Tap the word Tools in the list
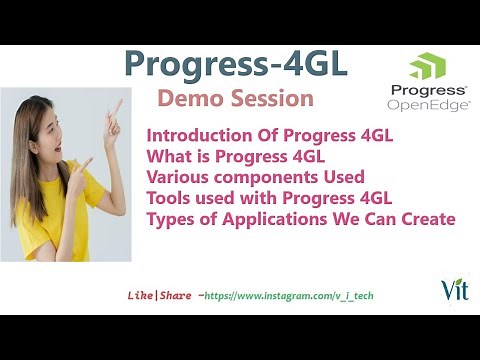tap(170, 197)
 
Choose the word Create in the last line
tap(429, 218)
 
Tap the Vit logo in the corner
tap(451, 289)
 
